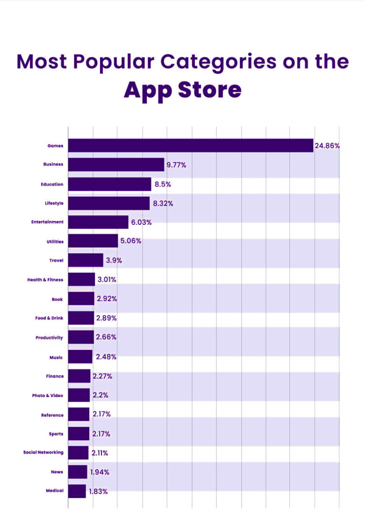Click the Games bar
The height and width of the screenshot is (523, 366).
pyautogui.click(x=191, y=146)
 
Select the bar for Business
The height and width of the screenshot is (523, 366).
pyautogui.click(x=116, y=165)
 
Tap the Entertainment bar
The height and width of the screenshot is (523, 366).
pyautogui.click(x=98, y=222)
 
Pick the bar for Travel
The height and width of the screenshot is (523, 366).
pyautogui.click(x=85, y=261)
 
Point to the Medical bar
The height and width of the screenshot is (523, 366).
pyautogui.click(x=77, y=491)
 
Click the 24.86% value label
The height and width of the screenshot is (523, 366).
pyautogui.click(x=327, y=146)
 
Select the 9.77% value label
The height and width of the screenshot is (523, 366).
pyautogui.click(x=176, y=165)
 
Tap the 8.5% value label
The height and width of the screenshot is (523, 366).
pyautogui.click(x=163, y=184)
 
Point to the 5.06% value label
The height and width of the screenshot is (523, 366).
pyautogui.click(x=131, y=241)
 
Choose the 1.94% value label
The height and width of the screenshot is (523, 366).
pyautogui.click(x=100, y=472)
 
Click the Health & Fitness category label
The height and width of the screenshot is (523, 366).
pyautogui.click(x=45, y=280)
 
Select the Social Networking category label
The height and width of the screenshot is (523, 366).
pyautogui.click(x=43, y=452)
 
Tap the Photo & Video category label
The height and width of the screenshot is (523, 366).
pyautogui.click(x=47, y=395)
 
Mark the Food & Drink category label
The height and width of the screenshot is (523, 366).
pyautogui.click(x=49, y=318)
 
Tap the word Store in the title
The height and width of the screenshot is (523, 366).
pyautogui.click(x=210, y=90)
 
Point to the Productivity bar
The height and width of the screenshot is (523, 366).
pyautogui.click(x=81, y=337)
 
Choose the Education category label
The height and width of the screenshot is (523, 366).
pyautogui.click(x=51, y=184)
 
